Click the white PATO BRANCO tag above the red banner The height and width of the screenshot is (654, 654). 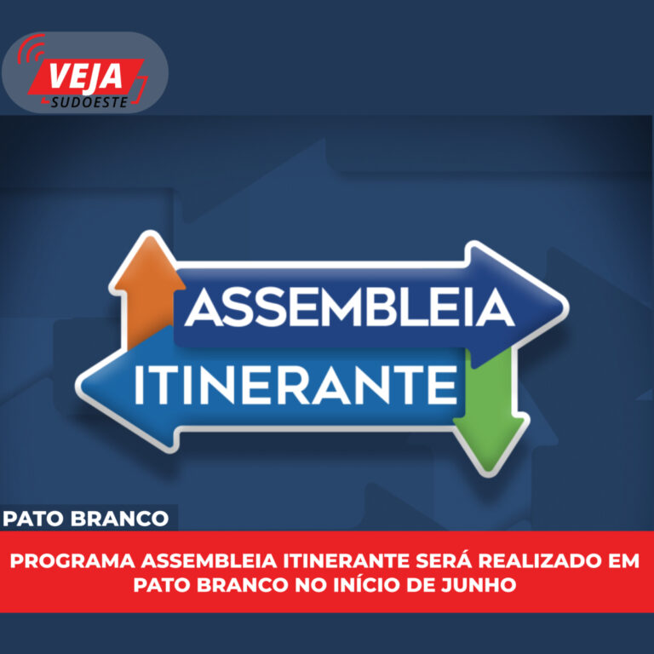coord(85,519)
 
